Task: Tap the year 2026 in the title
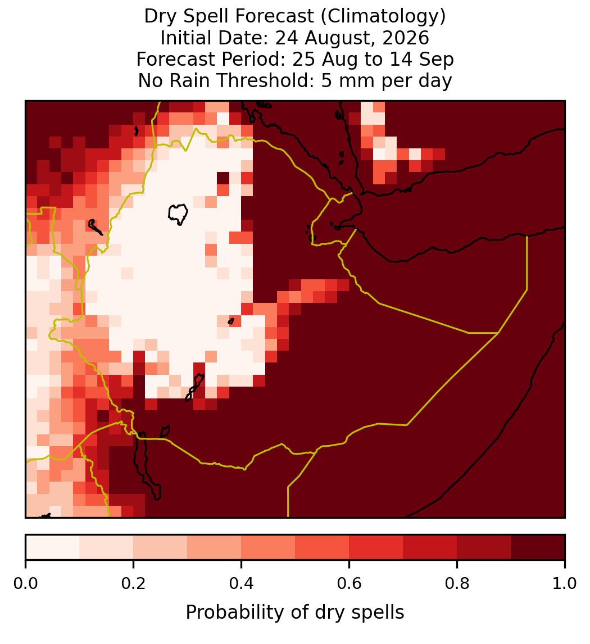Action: tap(406, 38)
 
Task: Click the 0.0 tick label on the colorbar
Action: tap(25, 584)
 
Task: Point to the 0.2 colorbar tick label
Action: tap(133, 584)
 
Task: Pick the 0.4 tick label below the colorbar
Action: tap(242, 584)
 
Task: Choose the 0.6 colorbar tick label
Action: tap(350, 584)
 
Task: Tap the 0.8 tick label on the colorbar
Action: tap(457, 584)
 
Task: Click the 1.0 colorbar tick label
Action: tap(565, 584)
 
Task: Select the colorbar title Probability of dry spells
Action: tap(295, 613)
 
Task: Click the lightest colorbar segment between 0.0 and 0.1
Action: tap(53, 547)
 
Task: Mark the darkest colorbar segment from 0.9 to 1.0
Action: tap(538, 547)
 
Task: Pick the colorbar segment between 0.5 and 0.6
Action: tap(323, 547)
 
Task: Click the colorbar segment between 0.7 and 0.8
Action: tap(430, 547)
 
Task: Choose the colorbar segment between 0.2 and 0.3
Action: tap(161, 547)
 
